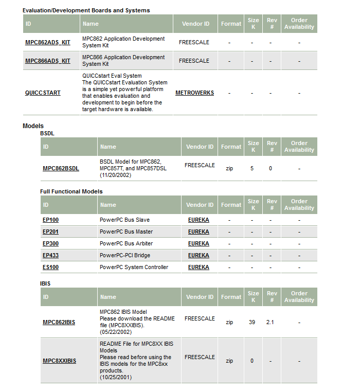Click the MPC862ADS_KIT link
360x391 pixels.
(48, 42)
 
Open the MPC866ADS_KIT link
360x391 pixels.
(48, 61)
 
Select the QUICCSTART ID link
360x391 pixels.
(43, 93)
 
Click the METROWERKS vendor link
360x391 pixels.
(194, 93)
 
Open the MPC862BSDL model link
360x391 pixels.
(61, 168)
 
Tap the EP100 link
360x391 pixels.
(50, 220)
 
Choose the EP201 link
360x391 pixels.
(50, 232)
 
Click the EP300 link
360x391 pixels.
(50, 243)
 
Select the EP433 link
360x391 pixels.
(50, 255)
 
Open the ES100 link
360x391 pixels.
(50, 267)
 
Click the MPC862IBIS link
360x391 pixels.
(59, 322)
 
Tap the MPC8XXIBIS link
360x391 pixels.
(59, 361)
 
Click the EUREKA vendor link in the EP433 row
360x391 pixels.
(199, 255)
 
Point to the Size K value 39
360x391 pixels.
(252, 322)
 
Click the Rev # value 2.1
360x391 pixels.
(271, 322)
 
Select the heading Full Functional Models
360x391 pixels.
(71, 191)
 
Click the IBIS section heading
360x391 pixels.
(45, 283)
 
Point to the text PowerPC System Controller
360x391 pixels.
(134, 267)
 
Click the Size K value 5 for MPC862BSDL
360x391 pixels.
(252, 168)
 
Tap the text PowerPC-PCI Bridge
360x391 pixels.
(125, 255)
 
